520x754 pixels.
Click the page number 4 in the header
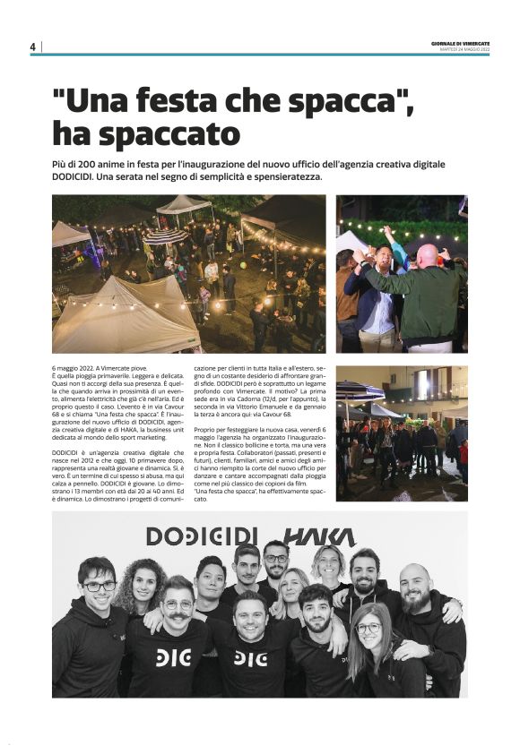coord(32,47)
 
